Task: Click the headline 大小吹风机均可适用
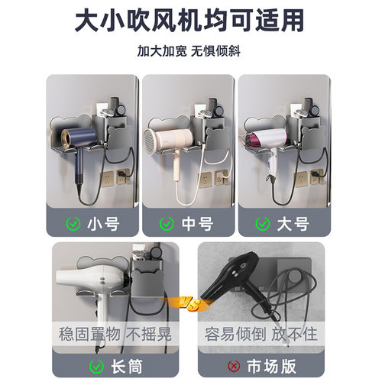(x=191, y=21)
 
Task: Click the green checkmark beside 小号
(x=74, y=224)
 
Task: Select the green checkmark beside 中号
(x=167, y=224)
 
